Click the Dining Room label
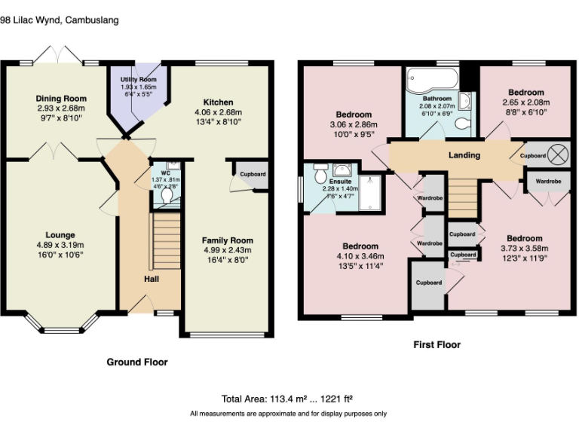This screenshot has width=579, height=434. click(x=62, y=99)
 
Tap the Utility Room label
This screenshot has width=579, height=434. click(x=138, y=80)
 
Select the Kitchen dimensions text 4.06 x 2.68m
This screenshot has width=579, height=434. click(x=218, y=113)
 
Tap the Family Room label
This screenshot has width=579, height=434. click(x=227, y=240)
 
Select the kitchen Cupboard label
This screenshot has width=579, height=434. click(x=253, y=174)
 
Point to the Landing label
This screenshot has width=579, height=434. click(x=464, y=155)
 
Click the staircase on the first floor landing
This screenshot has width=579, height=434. click(x=463, y=194)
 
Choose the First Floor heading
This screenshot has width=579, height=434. click(x=437, y=344)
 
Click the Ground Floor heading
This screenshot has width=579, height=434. click(x=136, y=362)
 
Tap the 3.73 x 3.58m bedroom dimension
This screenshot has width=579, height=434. click(x=523, y=249)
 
